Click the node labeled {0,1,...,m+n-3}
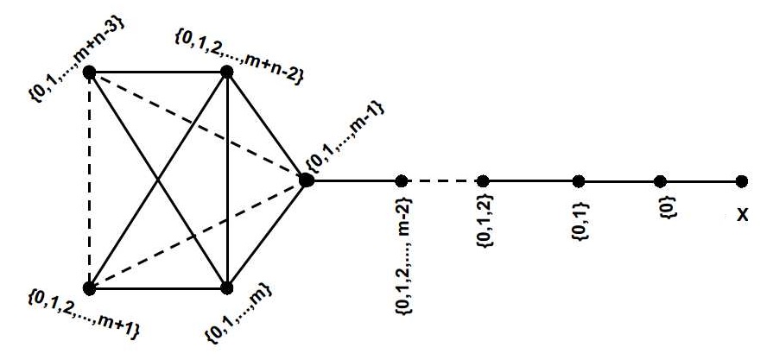pos(89,73)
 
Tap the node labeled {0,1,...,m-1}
pos(306,180)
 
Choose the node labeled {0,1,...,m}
pos(227,287)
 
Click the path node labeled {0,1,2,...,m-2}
pos(401,181)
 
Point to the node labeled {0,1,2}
pos(484,181)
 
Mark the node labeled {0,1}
pos(579,181)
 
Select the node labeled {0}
pos(661,181)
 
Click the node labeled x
pos(742,181)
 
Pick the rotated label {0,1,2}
pos(485,224)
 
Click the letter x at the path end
pos(741,213)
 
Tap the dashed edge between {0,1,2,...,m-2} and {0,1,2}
pos(442,181)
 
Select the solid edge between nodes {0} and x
pos(701,181)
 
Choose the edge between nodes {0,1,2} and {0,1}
pos(531,181)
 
